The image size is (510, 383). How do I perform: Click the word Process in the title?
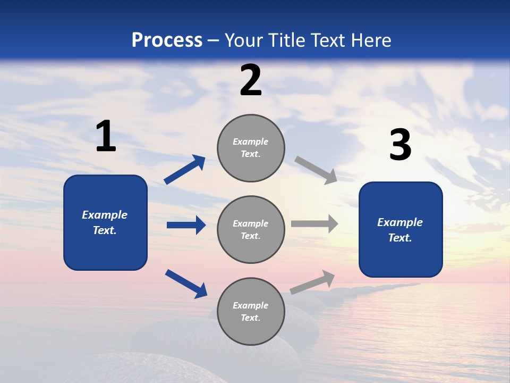[x=167, y=40]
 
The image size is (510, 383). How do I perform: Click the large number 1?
[x=106, y=136]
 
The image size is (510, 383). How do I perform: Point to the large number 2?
[x=251, y=80]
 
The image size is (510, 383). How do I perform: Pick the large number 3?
[x=400, y=145]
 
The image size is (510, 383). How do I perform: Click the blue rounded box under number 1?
[x=105, y=222]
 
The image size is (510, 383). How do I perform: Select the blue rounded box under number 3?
[x=401, y=230]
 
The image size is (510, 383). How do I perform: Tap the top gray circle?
[x=251, y=148]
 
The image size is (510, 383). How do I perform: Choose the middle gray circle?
[x=251, y=229]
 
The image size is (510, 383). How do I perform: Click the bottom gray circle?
[x=251, y=311]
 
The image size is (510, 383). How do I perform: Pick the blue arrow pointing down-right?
[x=186, y=284]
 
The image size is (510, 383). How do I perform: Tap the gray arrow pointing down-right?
[x=316, y=170]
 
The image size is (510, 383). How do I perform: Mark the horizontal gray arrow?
[x=314, y=224]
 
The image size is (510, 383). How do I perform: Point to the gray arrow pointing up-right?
[x=313, y=282]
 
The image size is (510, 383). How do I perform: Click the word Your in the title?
[x=243, y=40]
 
